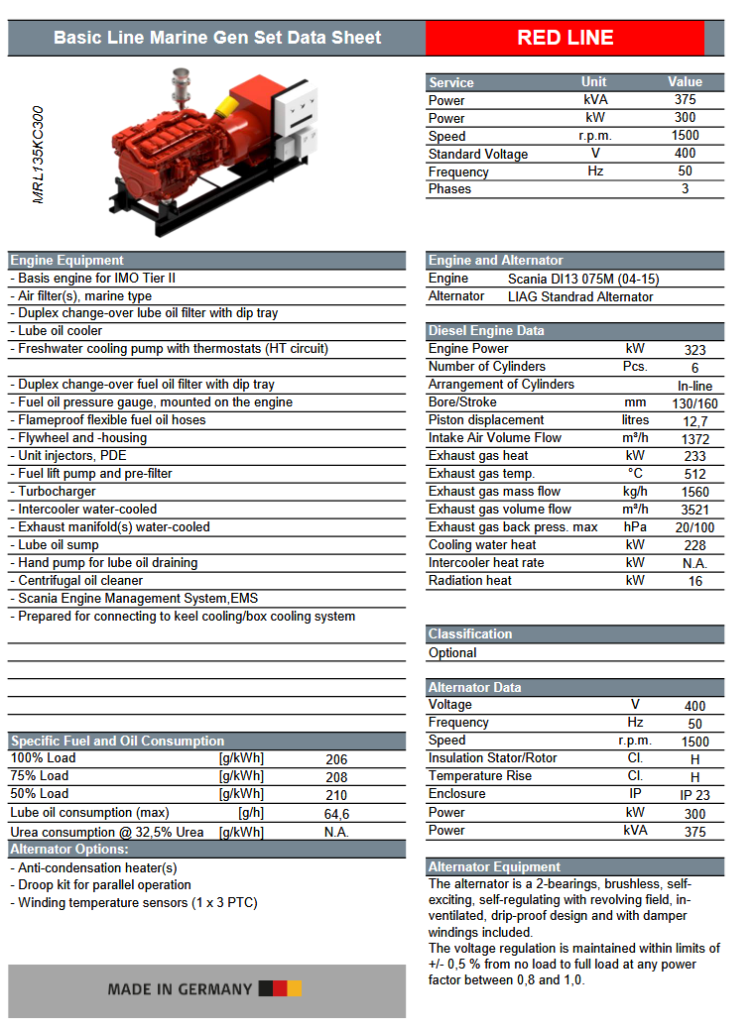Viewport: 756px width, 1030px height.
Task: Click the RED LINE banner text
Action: pos(565,38)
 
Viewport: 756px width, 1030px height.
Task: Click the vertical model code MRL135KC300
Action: pos(39,156)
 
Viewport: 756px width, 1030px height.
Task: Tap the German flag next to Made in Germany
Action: pos(280,988)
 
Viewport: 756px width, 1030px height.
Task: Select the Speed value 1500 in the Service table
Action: pos(685,136)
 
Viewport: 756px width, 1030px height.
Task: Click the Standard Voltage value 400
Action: pos(685,154)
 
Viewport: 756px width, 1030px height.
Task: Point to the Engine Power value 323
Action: pos(694,350)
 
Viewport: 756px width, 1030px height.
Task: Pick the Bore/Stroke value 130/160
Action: pos(694,403)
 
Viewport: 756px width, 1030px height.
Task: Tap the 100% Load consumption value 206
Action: pos(336,759)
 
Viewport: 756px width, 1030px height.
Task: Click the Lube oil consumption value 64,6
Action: pos(336,814)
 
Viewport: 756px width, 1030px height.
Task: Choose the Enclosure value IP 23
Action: pos(694,795)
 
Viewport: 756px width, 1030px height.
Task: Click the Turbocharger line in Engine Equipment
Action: pos(57,492)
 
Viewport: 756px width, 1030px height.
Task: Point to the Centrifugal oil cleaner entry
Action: pos(80,581)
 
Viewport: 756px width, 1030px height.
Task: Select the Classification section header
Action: pos(470,634)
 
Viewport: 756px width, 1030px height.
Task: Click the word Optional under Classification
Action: pos(452,653)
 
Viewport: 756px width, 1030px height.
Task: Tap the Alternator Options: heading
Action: pos(69,850)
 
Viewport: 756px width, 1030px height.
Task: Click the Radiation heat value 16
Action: pos(694,582)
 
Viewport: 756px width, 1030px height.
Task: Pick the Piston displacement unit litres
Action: pos(635,420)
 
